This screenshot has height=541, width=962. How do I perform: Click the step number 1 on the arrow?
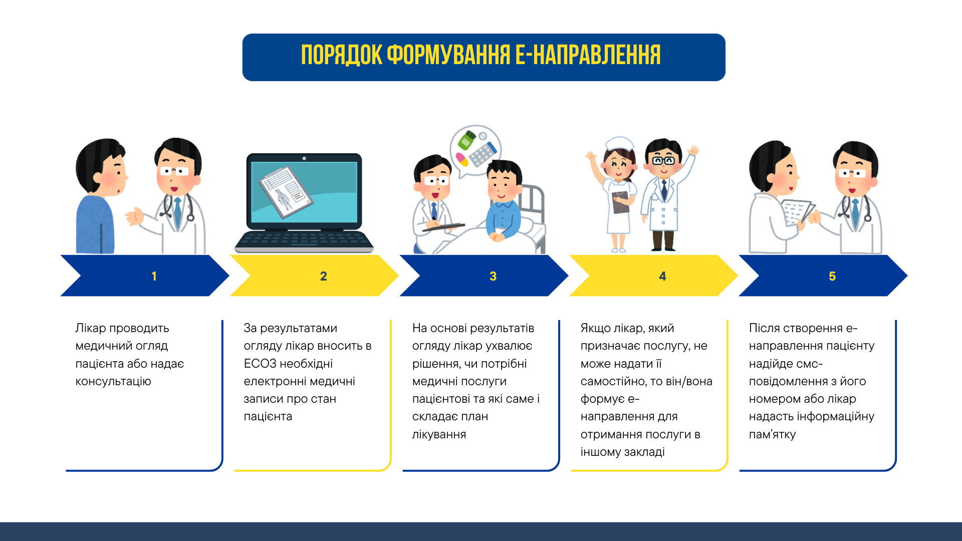tap(154, 276)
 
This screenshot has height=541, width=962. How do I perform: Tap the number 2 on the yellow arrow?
tap(324, 276)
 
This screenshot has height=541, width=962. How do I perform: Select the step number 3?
tap(493, 276)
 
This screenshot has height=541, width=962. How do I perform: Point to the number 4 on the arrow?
tap(662, 276)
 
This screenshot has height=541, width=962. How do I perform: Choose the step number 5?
tap(832, 276)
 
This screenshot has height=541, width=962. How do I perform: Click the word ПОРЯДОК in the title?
tap(342, 55)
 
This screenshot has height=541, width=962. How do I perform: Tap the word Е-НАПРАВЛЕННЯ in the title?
tap(588, 55)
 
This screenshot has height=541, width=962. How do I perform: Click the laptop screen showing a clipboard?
tap(304, 192)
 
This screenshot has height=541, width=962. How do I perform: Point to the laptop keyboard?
tap(304, 240)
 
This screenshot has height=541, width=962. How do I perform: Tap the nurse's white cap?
tap(620, 144)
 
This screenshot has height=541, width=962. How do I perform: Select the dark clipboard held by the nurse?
tap(621, 202)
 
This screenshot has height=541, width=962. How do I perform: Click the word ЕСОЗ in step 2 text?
tap(260, 364)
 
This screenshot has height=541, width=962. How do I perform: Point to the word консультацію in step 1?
tap(113, 382)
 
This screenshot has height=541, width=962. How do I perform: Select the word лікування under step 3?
tap(439, 434)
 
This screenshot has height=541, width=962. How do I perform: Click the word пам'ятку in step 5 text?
tap(772, 434)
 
